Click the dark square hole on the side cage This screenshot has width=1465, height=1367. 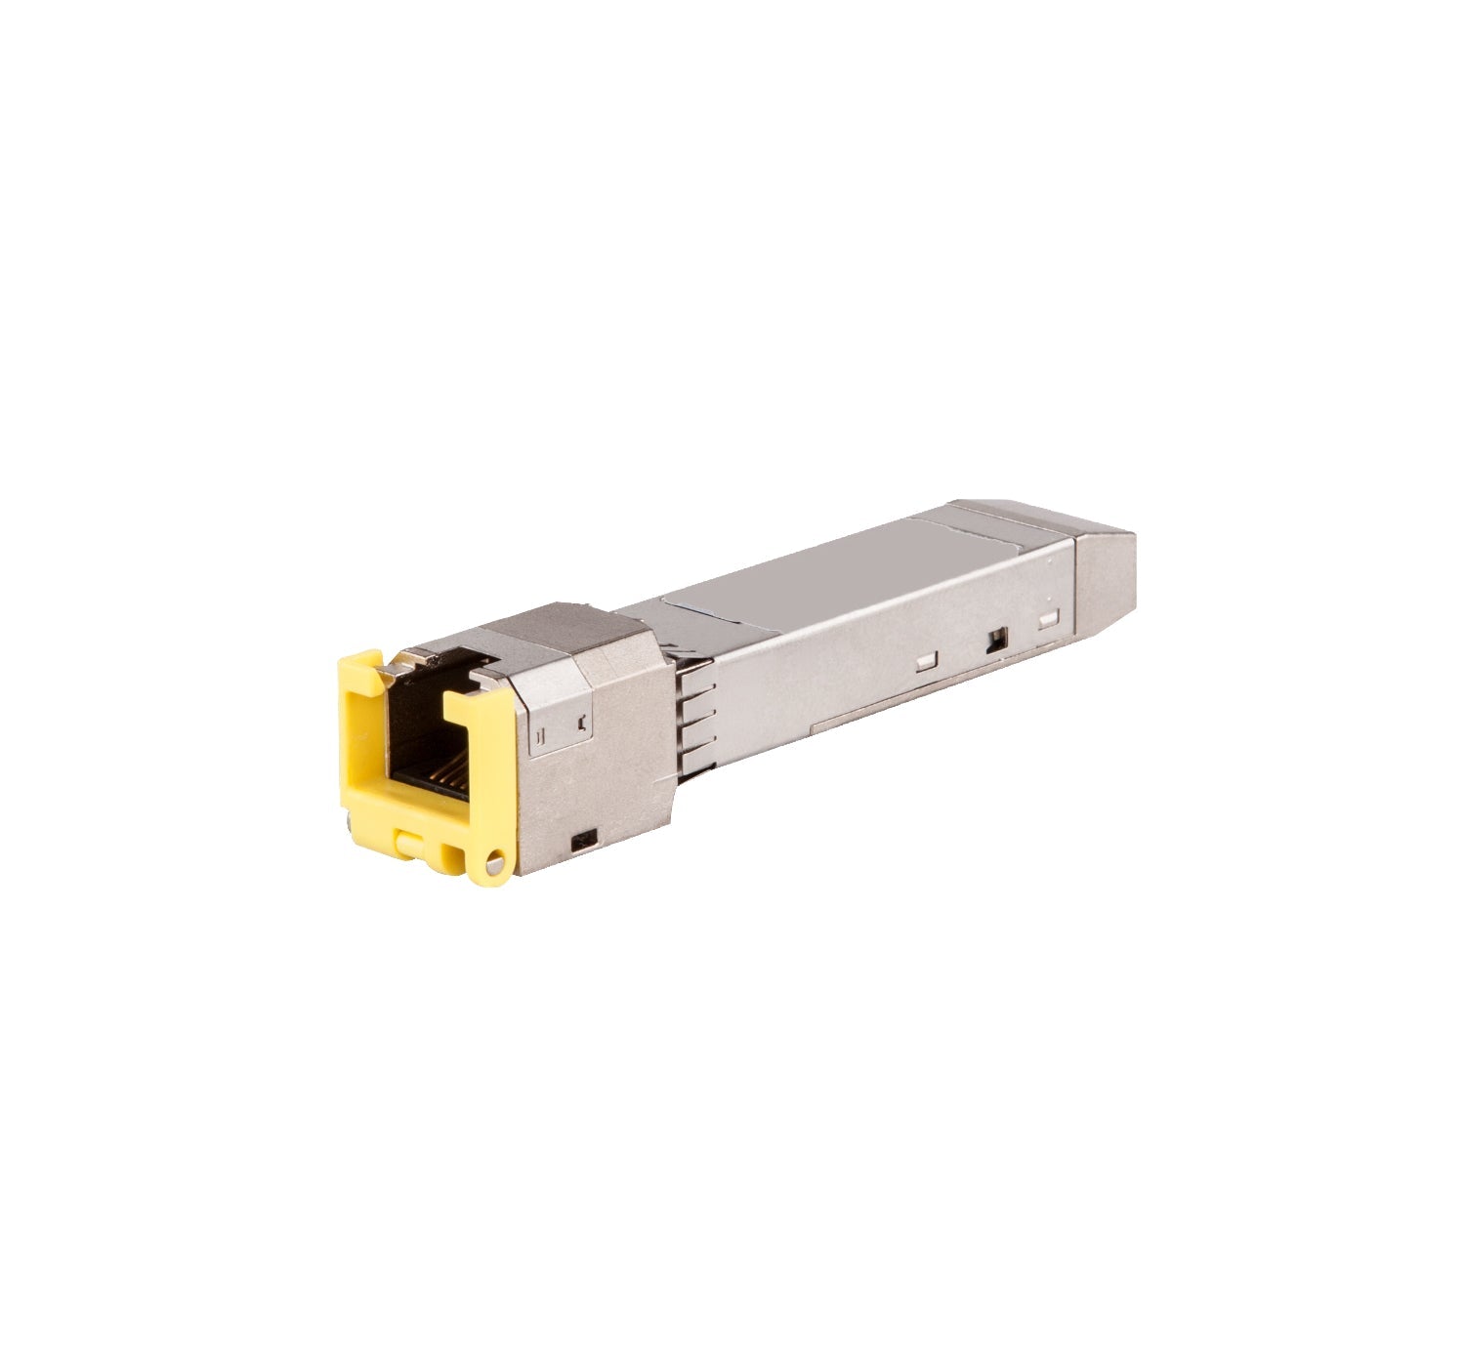[x=995, y=641]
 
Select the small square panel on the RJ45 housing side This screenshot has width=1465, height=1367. [x=562, y=724]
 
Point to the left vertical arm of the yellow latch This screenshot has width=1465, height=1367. [x=361, y=752]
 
